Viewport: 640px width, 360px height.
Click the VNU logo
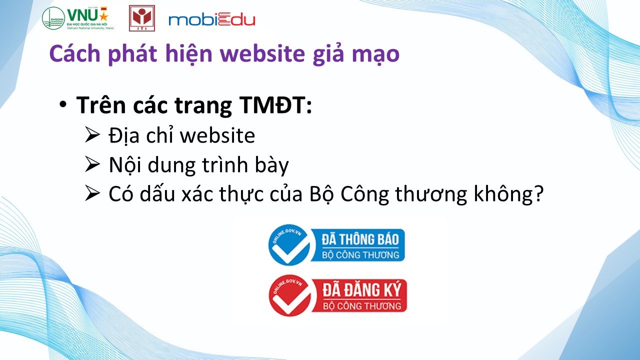tap(78, 18)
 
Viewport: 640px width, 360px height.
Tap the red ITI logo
tap(142, 18)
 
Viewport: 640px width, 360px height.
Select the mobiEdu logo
tap(211, 20)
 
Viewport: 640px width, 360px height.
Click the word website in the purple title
tap(262, 53)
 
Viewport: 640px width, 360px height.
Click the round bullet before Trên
tap(63, 105)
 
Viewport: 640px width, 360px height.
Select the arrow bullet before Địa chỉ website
tap(92, 135)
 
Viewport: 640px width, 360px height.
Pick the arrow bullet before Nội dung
tap(92, 164)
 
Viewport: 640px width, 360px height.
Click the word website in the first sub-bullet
tap(217, 135)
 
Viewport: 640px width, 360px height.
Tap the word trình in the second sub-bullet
tap(225, 165)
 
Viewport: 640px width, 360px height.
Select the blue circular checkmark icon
tap(289, 245)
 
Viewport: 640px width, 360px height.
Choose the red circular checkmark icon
tap(289, 295)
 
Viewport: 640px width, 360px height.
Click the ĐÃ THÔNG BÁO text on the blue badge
tap(360, 239)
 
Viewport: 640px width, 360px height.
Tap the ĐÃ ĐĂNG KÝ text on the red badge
tap(362, 290)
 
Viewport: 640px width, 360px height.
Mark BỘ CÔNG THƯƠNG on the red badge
tap(362, 306)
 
